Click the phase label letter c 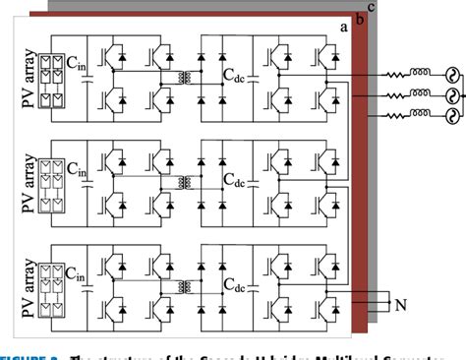click(x=370, y=8)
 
